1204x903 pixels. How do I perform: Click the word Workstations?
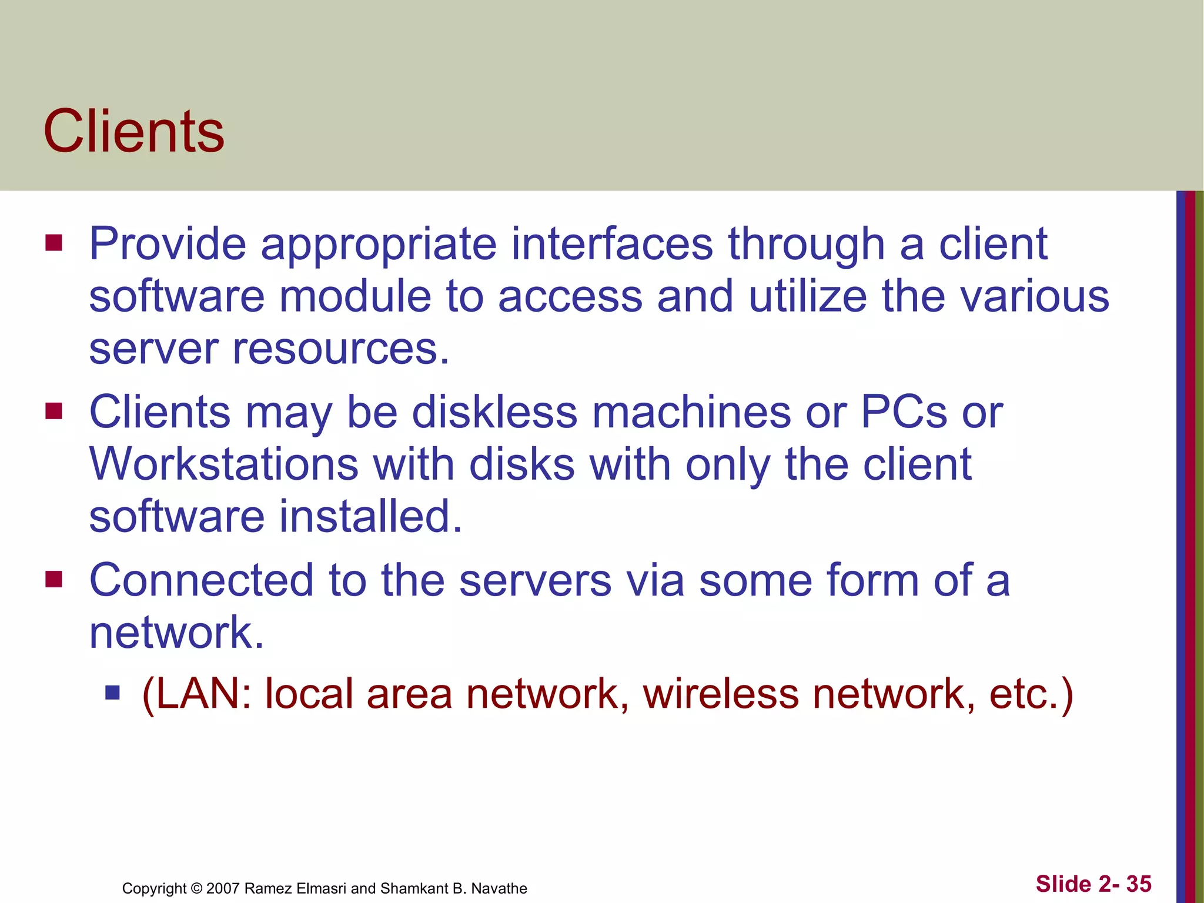(224, 464)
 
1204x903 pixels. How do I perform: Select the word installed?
(370, 516)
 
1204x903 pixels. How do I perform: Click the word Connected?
(201, 580)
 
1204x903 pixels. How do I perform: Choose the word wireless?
(721, 694)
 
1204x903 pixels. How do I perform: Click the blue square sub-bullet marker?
(112, 693)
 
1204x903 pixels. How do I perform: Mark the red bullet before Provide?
(53, 243)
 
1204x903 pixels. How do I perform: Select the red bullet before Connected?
(53, 580)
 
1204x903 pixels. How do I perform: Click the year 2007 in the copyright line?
(223, 888)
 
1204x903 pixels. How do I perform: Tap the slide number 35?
(1139, 884)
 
